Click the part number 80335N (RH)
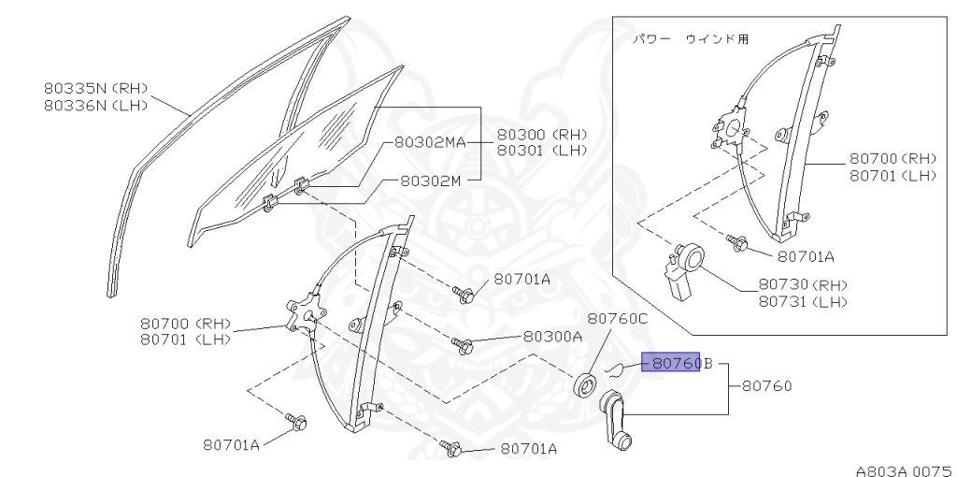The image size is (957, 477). pyautogui.click(x=96, y=88)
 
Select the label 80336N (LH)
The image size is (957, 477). pyautogui.click(x=96, y=105)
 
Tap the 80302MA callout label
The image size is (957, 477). pyautogui.click(x=430, y=142)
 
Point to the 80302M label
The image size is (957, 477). pyautogui.click(x=430, y=181)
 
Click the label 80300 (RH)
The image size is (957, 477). pyautogui.click(x=542, y=134)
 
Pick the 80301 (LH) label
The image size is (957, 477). pyautogui.click(x=542, y=151)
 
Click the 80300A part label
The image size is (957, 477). pyautogui.click(x=552, y=337)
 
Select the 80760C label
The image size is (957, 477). pyautogui.click(x=618, y=318)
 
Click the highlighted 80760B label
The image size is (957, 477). pyautogui.click(x=678, y=364)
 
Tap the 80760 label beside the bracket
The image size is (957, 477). pyautogui.click(x=767, y=386)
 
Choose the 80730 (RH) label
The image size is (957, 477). pyautogui.click(x=803, y=284)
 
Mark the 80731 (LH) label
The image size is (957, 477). pyautogui.click(x=803, y=301)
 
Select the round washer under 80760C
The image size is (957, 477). pyautogui.click(x=587, y=384)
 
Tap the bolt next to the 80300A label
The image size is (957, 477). pyautogui.click(x=462, y=345)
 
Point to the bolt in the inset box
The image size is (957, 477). pyautogui.click(x=737, y=244)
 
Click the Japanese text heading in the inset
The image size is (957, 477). pyautogui.click(x=690, y=39)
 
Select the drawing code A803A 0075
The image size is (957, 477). pyautogui.click(x=906, y=470)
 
